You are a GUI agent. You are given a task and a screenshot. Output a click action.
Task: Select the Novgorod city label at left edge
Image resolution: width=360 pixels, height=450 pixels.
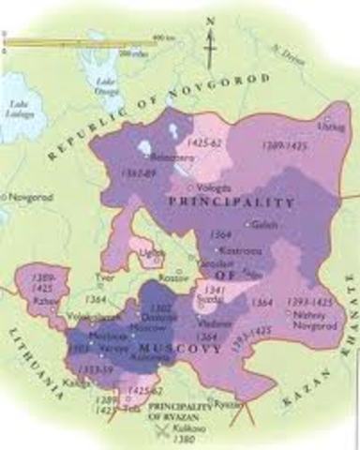click(29, 197)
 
